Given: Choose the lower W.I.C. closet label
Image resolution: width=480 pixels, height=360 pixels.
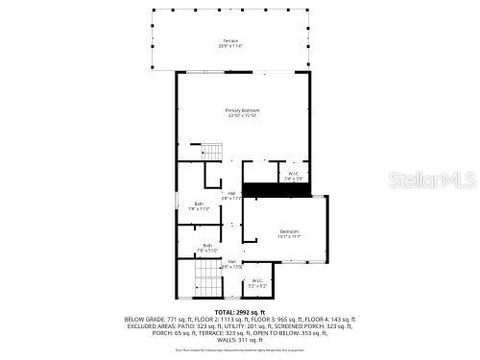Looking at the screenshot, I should [257, 283].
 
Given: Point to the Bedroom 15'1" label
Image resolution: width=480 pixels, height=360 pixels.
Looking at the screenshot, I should [290, 233].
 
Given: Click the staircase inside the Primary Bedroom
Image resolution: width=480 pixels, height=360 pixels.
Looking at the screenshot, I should [211, 151].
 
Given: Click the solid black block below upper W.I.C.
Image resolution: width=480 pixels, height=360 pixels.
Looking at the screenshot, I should [276, 189].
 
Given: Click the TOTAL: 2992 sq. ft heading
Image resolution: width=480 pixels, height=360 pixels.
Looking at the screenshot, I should [239, 311].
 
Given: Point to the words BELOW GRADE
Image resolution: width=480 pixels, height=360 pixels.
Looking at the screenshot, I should [143, 319].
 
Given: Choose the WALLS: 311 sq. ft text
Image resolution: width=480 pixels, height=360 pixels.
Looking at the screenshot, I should [239, 340].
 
